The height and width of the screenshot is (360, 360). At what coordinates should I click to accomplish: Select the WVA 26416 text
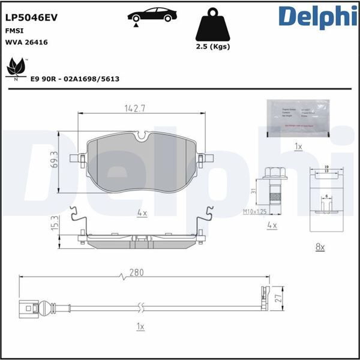(x=27, y=43)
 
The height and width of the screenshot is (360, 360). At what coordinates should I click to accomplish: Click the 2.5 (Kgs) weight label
(x=213, y=46)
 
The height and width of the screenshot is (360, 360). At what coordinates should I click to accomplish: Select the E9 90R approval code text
(x=74, y=79)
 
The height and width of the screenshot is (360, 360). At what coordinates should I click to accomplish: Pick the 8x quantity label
(x=319, y=247)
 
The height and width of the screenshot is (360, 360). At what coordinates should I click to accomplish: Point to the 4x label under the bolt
(x=271, y=225)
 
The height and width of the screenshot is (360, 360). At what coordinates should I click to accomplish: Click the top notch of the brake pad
(x=142, y=137)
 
